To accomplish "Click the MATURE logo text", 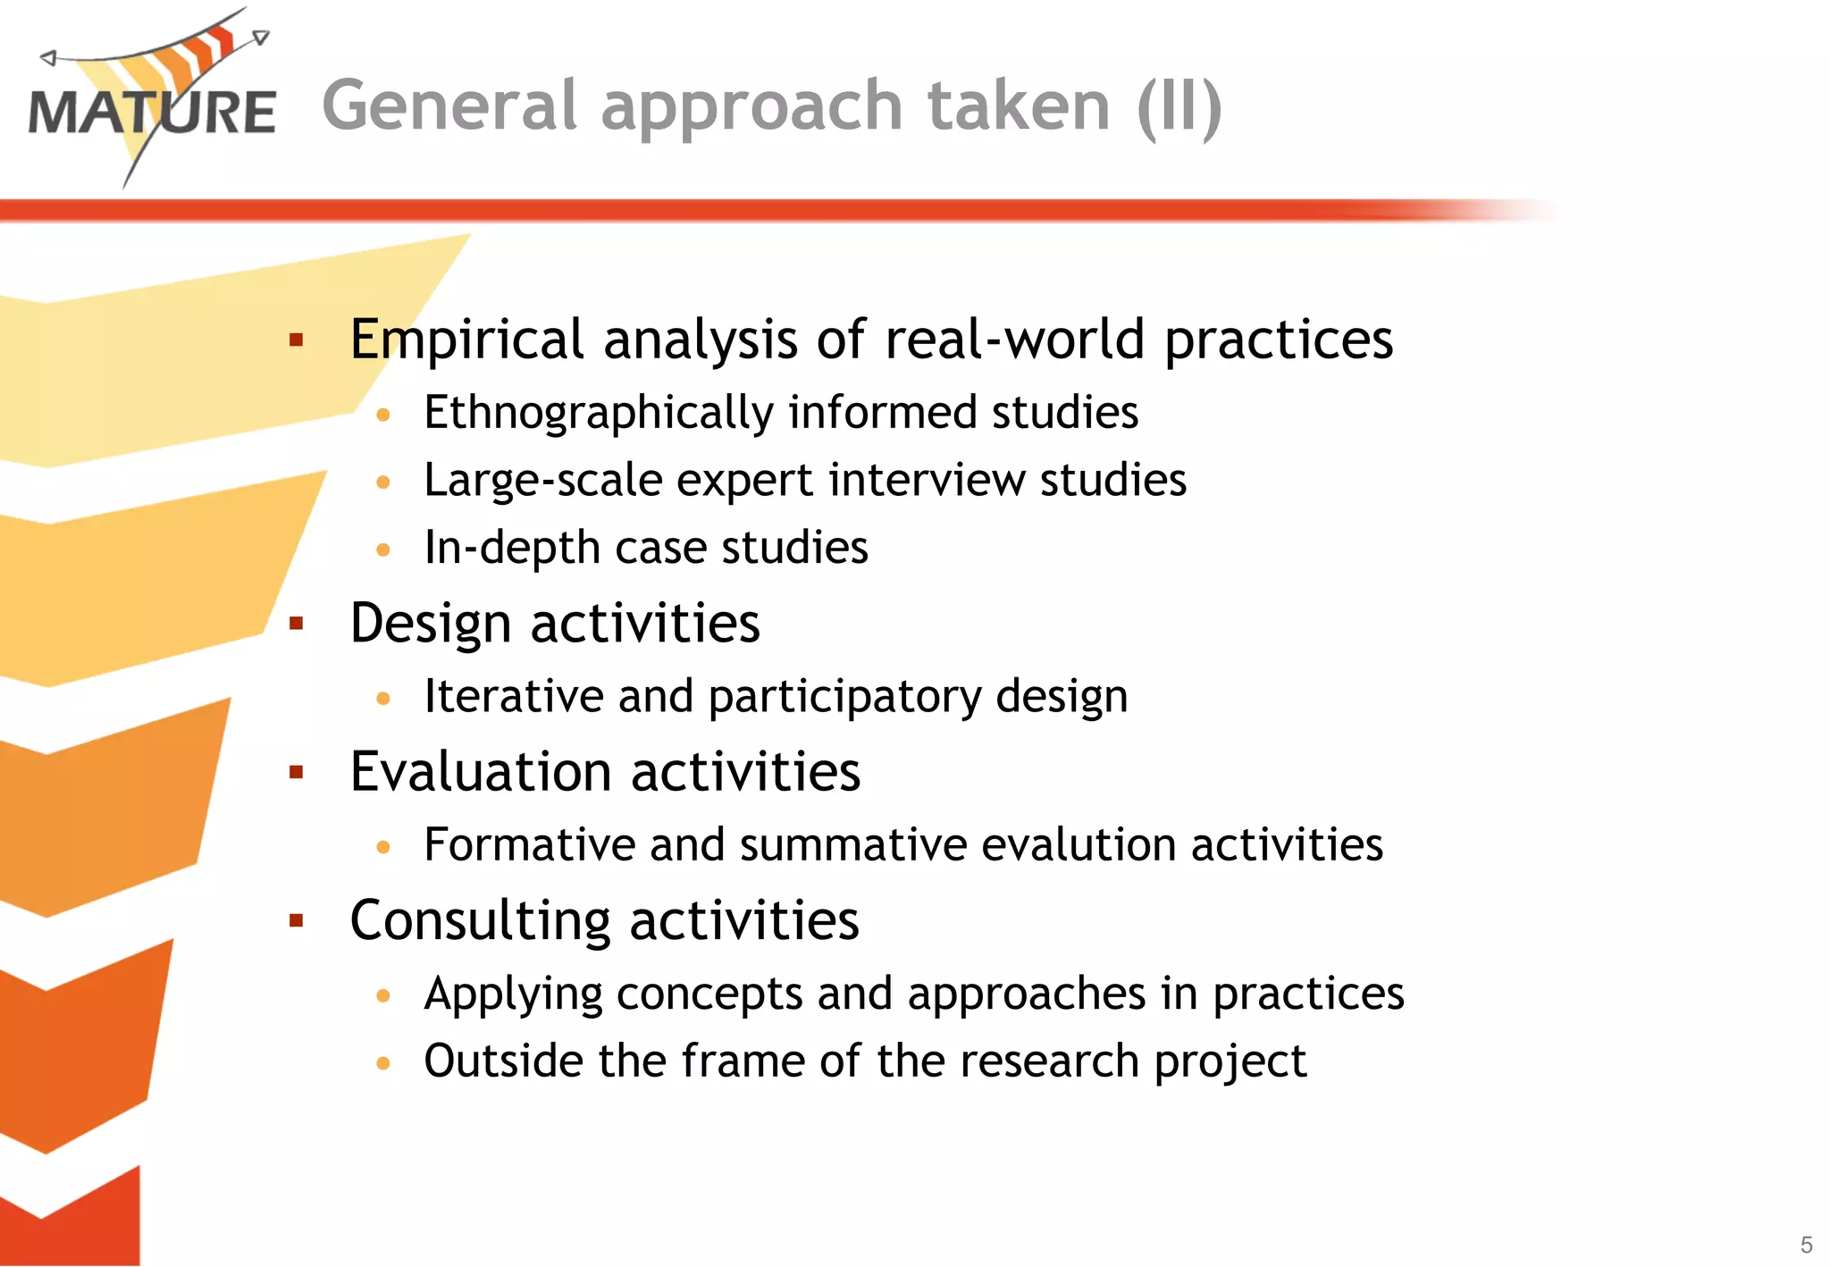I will point(152,113).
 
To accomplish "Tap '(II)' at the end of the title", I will point(1179,107).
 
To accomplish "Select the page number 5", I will point(1806,1245).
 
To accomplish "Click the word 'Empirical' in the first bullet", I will point(466,340).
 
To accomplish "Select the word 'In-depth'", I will point(512,547).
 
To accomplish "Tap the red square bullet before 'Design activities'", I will point(297,624).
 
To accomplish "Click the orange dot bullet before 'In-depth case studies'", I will point(383,550).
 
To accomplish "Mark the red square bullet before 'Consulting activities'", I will point(297,920).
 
